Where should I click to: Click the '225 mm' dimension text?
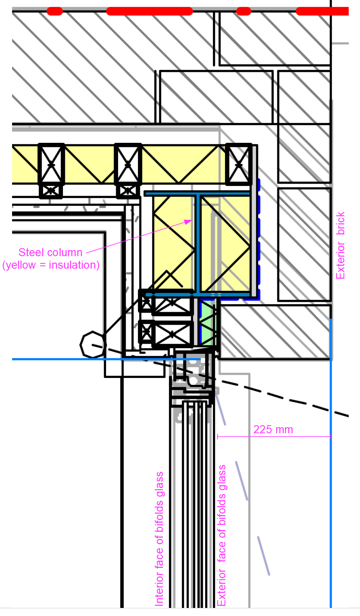pyautogui.click(x=273, y=430)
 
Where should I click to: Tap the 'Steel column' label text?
pyautogui.click(x=50, y=253)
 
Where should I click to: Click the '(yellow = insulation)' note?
pyautogui.click(x=51, y=265)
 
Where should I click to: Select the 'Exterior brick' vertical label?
pyautogui.click(x=341, y=245)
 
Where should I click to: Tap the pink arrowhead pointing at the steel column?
pyautogui.click(x=189, y=221)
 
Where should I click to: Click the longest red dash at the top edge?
pyautogui.click(x=150, y=11)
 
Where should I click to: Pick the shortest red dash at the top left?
pyautogui.click(x=55, y=11)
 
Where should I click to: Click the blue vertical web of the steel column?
pyautogui.click(x=198, y=243)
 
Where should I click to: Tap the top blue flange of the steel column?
pyautogui.click(x=197, y=194)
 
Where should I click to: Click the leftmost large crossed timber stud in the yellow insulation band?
pyautogui.click(x=51, y=164)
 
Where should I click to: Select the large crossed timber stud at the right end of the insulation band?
pyautogui.click(x=239, y=164)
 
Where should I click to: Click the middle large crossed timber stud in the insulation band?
pyautogui.click(x=128, y=164)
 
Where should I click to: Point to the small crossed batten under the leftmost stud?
pyautogui.click(x=51, y=190)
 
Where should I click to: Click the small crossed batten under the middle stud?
pyautogui.click(x=127, y=190)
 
